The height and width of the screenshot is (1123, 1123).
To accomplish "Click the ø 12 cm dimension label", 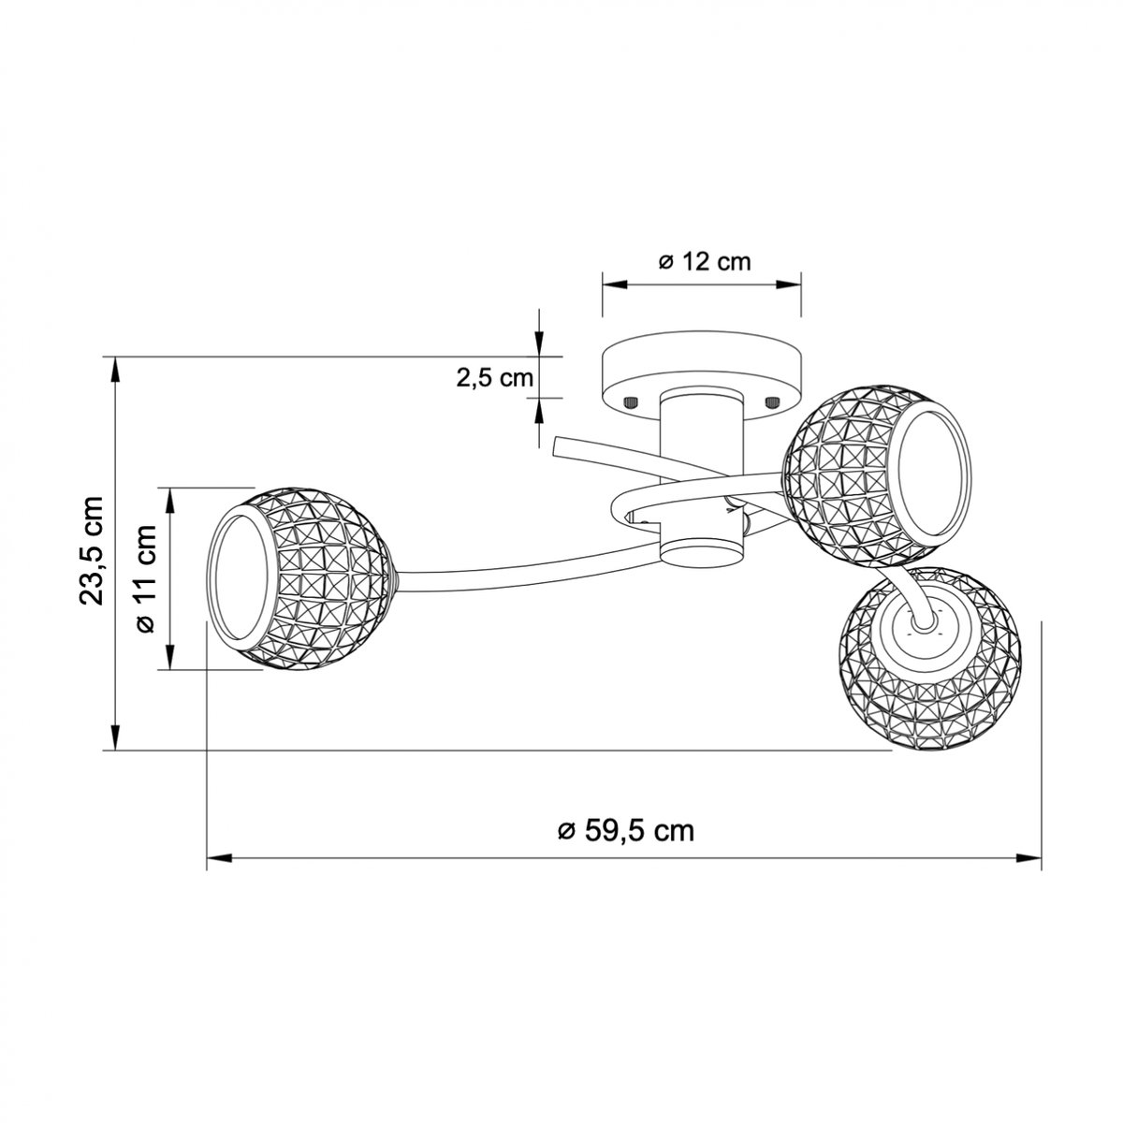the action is click(x=704, y=262).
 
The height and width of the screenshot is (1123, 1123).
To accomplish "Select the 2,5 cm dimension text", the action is click(x=495, y=378).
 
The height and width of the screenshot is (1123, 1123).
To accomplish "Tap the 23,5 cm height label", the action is click(x=92, y=550).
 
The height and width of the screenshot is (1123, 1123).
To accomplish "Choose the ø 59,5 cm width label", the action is click(x=626, y=831).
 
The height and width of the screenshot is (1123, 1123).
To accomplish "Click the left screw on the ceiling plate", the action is click(x=631, y=402).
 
